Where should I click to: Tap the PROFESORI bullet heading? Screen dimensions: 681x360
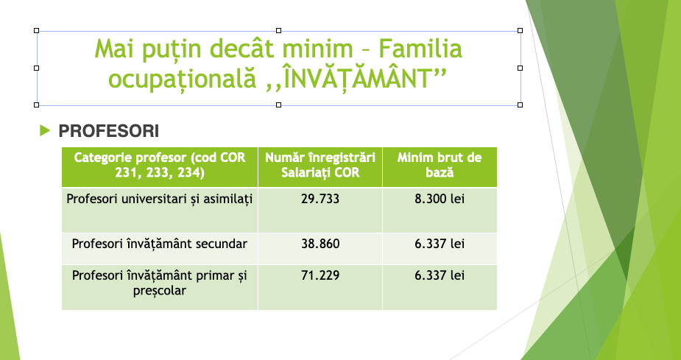(x=108, y=131)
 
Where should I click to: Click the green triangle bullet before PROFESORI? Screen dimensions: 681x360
(x=45, y=130)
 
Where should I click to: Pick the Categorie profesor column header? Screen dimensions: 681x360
(x=160, y=165)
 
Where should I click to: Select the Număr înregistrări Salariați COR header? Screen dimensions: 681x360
(x=320, y=165)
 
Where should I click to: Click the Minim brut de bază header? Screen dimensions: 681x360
(x=439, y=165)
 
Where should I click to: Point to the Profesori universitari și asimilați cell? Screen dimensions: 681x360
(x=160, y=200)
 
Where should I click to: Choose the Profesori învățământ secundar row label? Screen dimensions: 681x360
(x=160, y=244)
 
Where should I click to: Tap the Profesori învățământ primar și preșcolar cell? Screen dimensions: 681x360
(x=160, y=283)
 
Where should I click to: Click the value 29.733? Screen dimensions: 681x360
(x=320, y=200)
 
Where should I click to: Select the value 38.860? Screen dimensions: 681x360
(x=320, y=244)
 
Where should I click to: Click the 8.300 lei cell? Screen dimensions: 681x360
(x=439, y=200)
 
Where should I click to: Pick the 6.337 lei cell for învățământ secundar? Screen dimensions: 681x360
(x=439, y=244)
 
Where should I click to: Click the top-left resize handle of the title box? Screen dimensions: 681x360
(x=37, y=30)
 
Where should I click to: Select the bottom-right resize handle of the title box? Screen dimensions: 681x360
(x=521, y=105)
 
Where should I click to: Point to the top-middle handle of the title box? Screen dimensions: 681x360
(x=278, y=30)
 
